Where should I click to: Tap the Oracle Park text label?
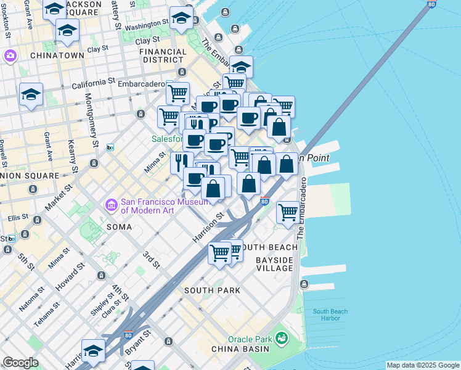click(250, 339)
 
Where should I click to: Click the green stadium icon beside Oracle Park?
click(282, 338)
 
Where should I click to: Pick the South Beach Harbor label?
click(326, 314)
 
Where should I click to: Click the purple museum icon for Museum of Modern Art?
click(111, 203)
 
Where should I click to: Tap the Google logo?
click(20, 363)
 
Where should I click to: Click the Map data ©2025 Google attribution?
click(423, 365)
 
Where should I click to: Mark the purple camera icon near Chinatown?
click(10, 57)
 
